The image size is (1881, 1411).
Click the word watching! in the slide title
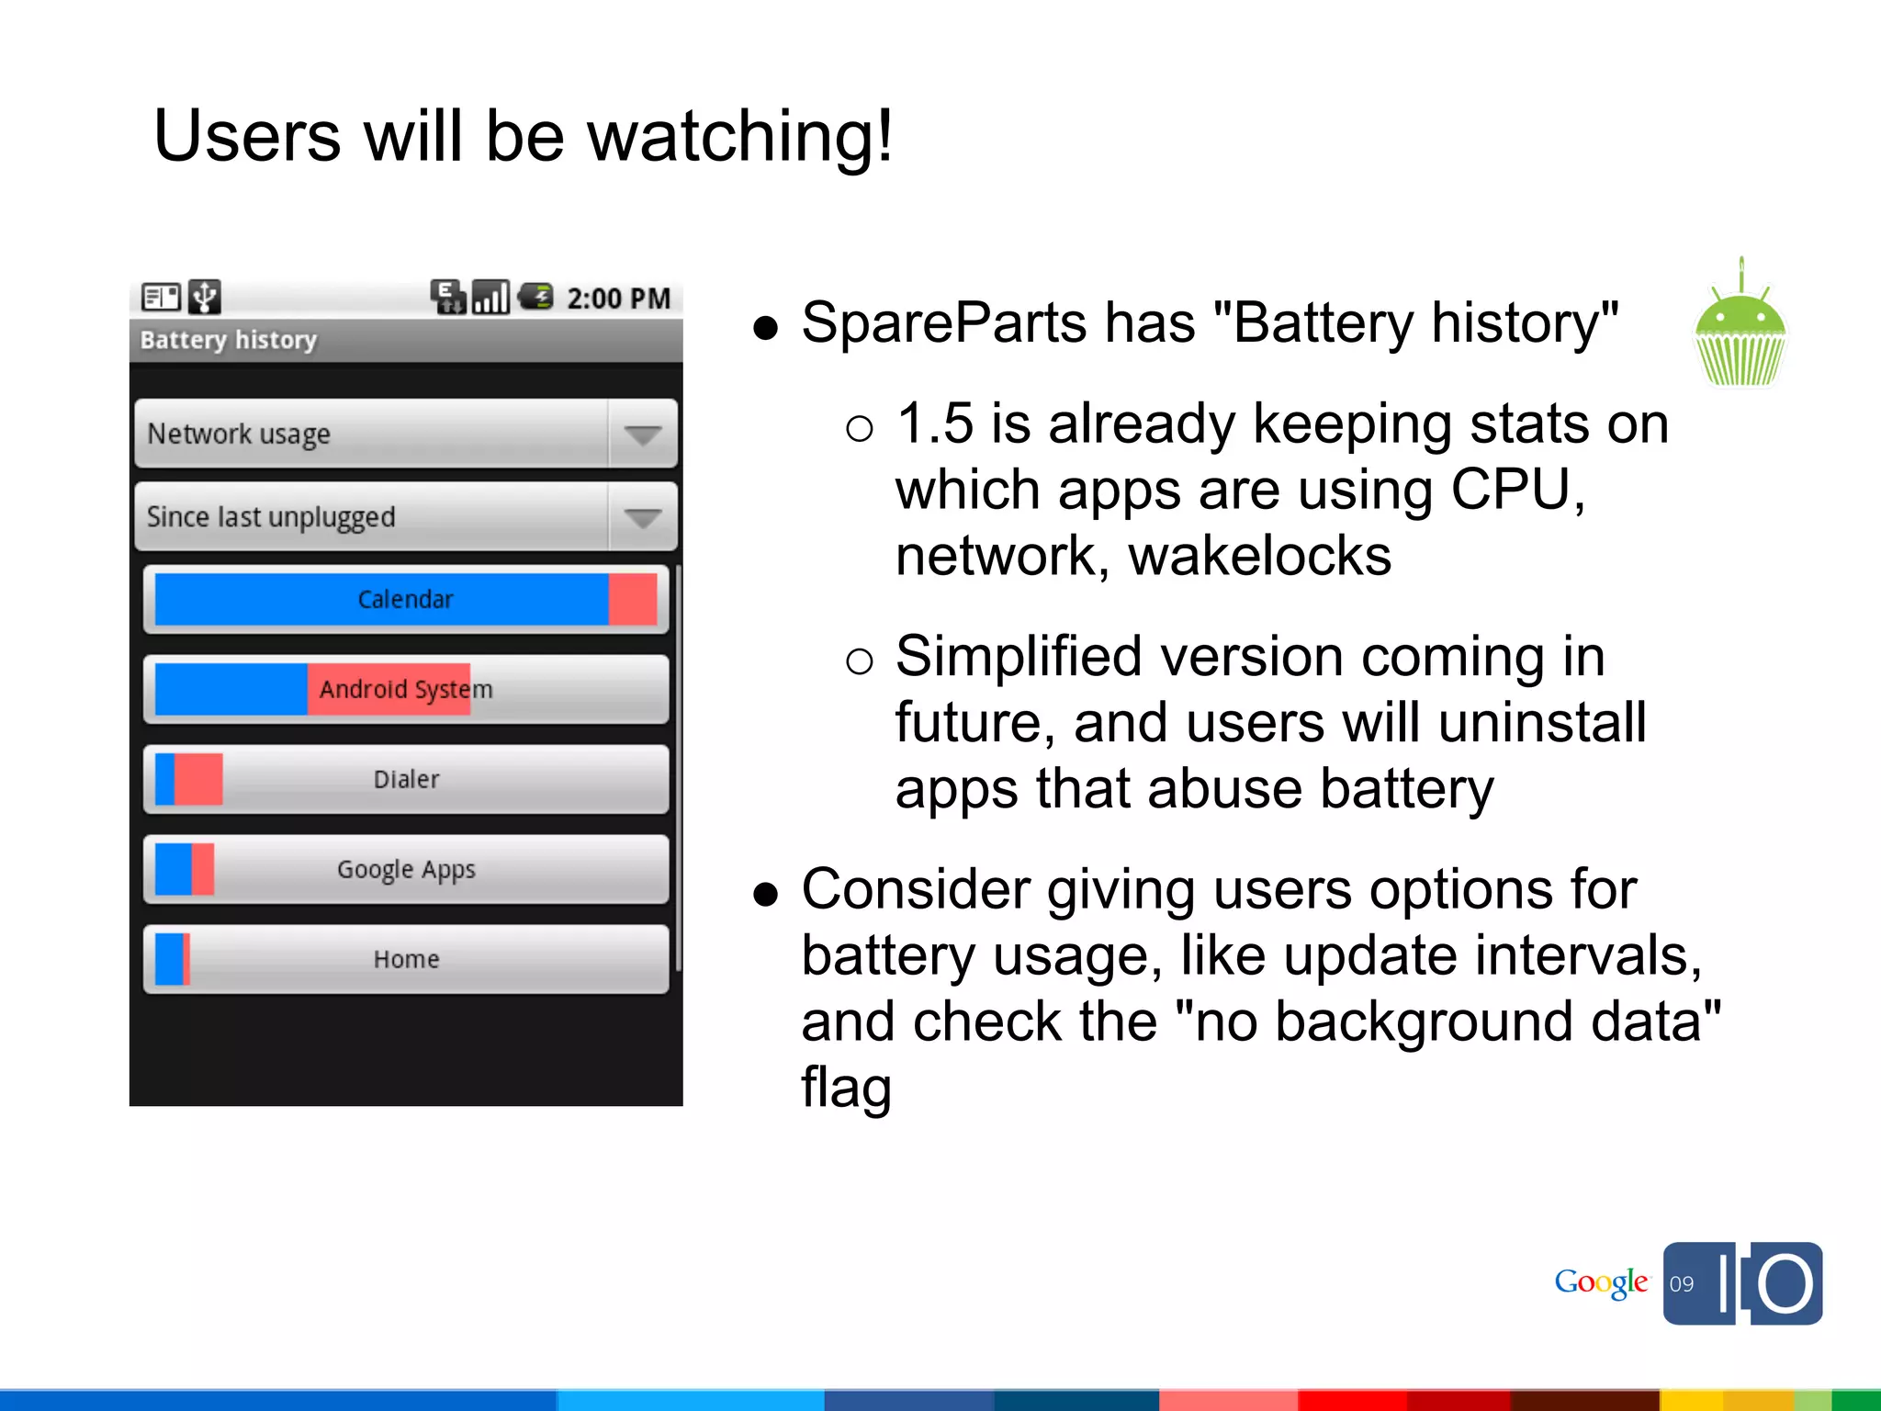pyautogui.click(x=739, y=136)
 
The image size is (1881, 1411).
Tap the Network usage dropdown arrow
pyautogui.click(x=642, y=434)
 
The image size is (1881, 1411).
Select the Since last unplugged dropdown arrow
pyautogui.click(x=642, y=517)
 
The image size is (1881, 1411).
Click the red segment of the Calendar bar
pyautogui.click(x=633, y=599)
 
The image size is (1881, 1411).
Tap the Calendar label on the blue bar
pyautogui.click(x=405, y=600)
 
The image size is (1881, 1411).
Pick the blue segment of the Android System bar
pyautogui.click(x=231, y=689)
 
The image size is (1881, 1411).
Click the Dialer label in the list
pyautogui.click(x=406, y=779)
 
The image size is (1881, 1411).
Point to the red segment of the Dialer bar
pyautogui.click(x=198, y=779)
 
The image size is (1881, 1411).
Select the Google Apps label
pyautogui.click(x=406, y=869)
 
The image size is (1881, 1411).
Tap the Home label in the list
pyautogui.click(x=406, y=959)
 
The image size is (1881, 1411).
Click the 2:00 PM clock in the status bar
pyautogui.click(x=618, y=299)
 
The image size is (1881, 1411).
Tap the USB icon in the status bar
pyautogui.click(x=204, y=297)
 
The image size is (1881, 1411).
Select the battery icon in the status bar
pyautogui.click(x=535, y=297)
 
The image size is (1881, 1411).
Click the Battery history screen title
pyautogui.click(x=228, y=340)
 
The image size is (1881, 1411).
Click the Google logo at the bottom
pyautogui.click(x=1601, y=1282)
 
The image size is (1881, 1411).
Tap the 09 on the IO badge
pyautogui.click(x=1682, y=1284)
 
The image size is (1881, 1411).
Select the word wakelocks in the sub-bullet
pyautogui.click(x=1259, y=557)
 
